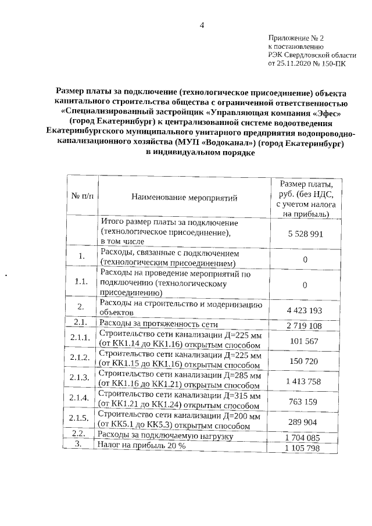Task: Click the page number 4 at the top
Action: point(202,24)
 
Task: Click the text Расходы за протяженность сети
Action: point(162,323)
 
